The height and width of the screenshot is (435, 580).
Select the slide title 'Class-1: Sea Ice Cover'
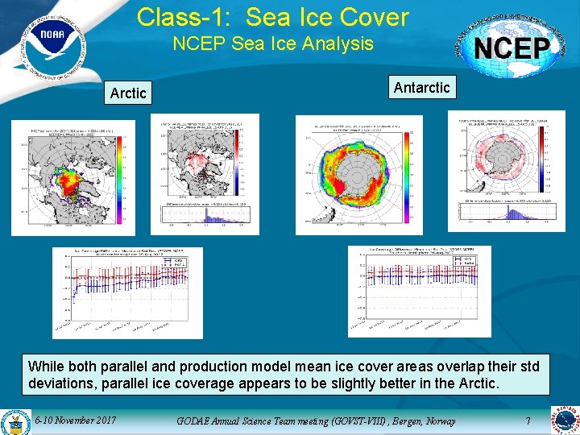[273, 16]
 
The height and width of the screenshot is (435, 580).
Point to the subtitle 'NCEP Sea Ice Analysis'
[273, 43]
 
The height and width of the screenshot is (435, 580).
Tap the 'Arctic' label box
[128, 93]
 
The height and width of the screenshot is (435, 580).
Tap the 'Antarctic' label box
[421, 87]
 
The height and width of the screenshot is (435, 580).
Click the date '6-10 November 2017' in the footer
[77, 420]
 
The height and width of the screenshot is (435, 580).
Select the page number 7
[528, 420]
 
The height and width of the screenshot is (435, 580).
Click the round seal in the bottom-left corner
[14, 422]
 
